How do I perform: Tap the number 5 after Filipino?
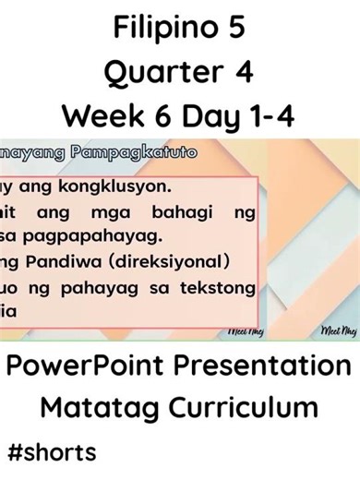click(236, 29)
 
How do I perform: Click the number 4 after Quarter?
click(245, 72)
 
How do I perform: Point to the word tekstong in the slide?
click(216, 288)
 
